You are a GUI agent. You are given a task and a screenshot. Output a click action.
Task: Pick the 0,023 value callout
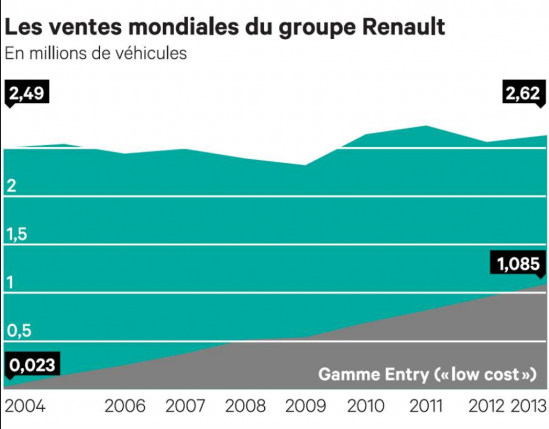click(32, 365)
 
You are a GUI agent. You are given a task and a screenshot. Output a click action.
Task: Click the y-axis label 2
click(11, 186)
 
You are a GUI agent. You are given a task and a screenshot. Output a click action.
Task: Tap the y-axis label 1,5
click(17, 234)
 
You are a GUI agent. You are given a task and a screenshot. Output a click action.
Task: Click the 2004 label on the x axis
click(25, 406)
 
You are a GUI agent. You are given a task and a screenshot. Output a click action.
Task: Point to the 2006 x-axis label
click(125, 406)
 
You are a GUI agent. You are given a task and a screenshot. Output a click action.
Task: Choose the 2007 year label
click(186, 406)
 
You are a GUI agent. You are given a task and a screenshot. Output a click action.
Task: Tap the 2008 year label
click(246, 406)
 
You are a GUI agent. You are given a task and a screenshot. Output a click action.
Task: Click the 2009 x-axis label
click(306, 406)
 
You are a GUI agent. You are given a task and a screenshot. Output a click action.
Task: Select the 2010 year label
click(366, 406)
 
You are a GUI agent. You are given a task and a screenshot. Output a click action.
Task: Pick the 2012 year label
click(486, 406)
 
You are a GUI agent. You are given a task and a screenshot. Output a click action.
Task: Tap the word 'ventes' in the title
click(75, 27)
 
